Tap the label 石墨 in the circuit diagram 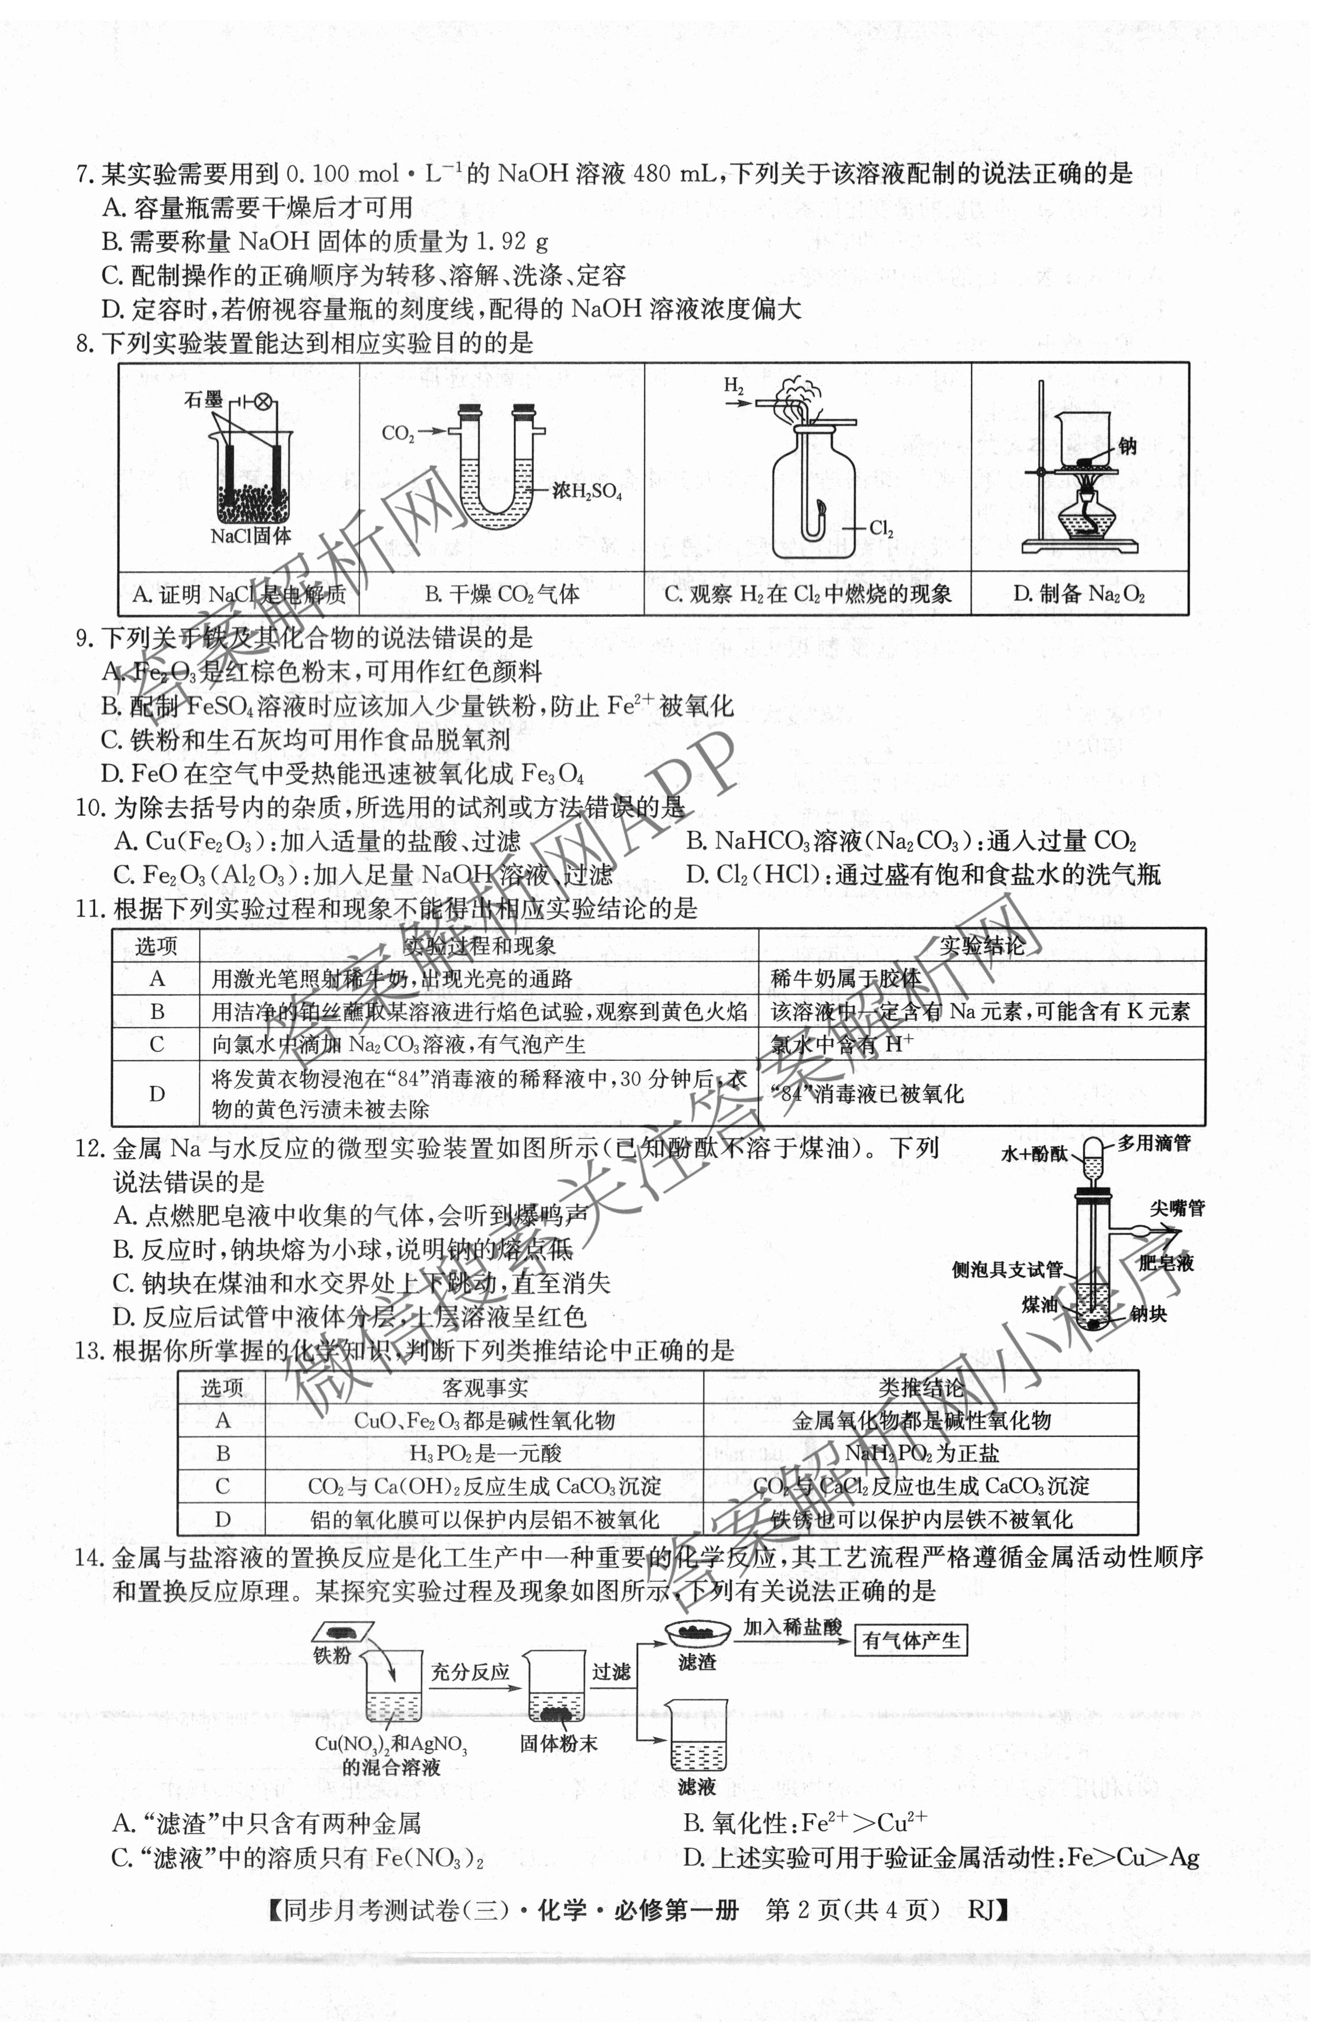tap(203, 399)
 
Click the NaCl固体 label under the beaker tap(250, 535)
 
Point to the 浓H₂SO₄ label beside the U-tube tap(587, 491)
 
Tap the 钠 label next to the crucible tap(1127, 445)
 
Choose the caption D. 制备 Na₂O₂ tap(1079, 594)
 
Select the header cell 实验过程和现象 tap(479, 946)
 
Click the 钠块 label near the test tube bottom tap(1148, 1313)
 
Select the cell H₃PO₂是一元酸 tap(485, 1453)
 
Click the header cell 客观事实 tap(485, 1387)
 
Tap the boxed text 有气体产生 tap(912, 1640)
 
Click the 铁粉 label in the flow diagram tap(332, 1655)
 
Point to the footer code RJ tap(984, 1909)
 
